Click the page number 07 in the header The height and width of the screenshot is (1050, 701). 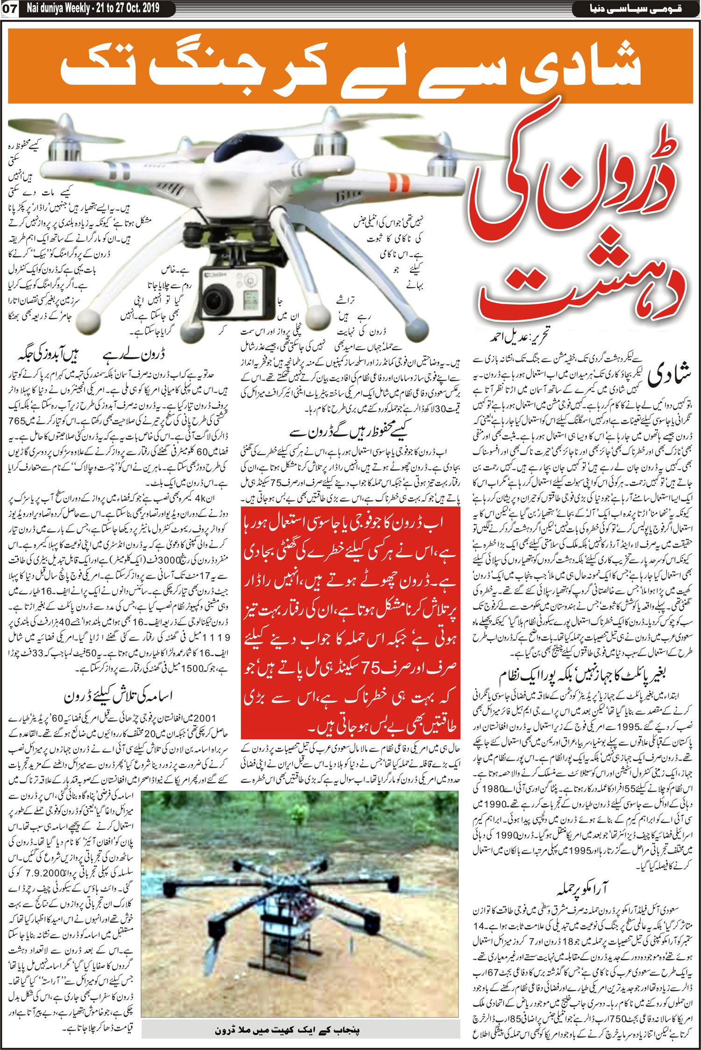pyautogui.click(x=9, y=8)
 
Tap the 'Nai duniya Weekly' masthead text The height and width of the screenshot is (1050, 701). pyautogui.click(x=58, y=8)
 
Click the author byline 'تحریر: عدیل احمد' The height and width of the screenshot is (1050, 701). pyautogui.click(x=519, y=336)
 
